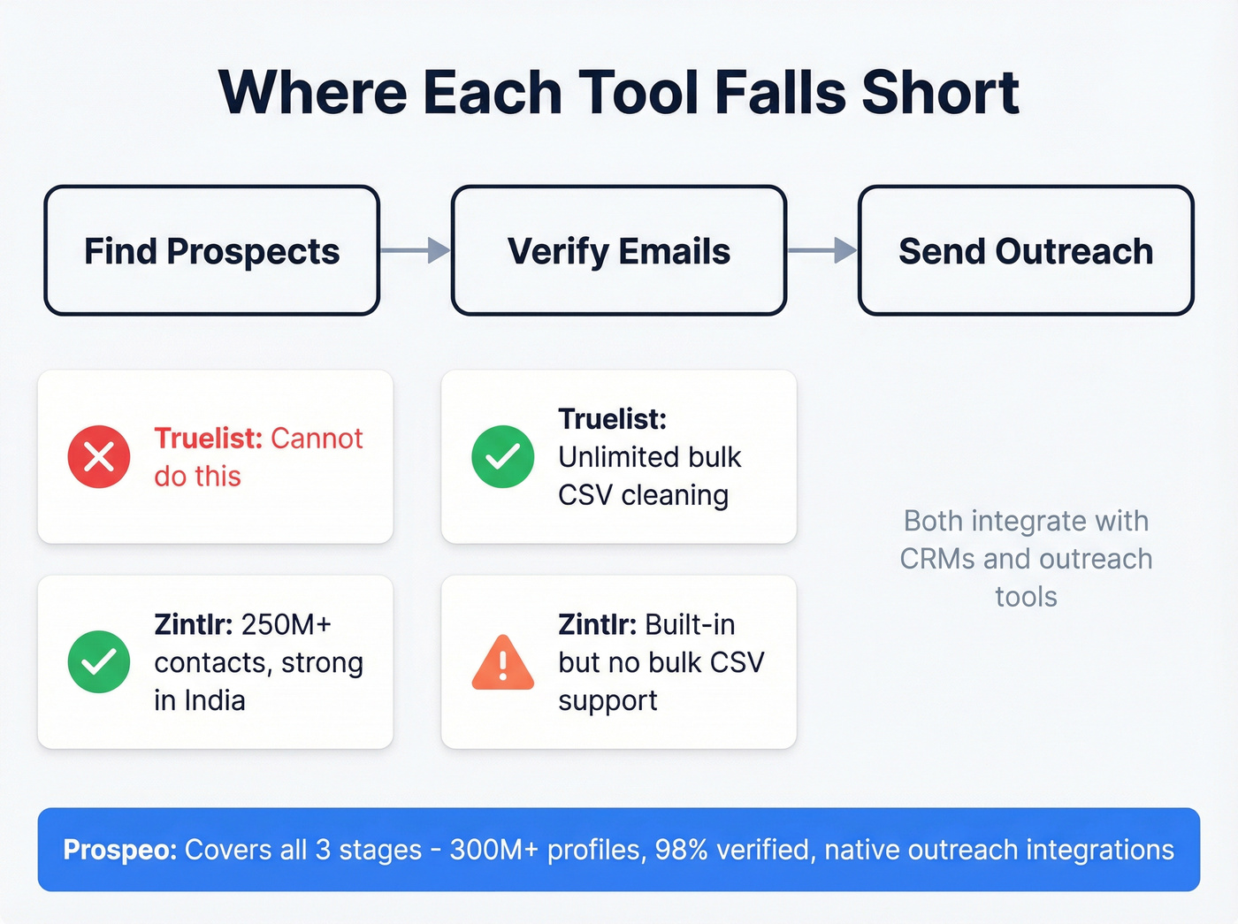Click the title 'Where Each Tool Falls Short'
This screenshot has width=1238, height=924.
[x=618, y=92]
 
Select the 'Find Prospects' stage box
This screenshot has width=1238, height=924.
[x=212, y=251]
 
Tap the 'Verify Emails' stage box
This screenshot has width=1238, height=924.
[x=619, y=251]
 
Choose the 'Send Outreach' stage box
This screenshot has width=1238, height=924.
[x=1026, y=251]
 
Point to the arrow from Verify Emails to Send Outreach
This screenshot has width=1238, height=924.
[x=822, y=251]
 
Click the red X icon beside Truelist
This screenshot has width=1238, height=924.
[x=99, y=457]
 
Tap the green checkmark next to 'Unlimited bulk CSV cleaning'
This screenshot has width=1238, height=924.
[x=502, y=457]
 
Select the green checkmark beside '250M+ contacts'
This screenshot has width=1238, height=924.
[x=99, y=661]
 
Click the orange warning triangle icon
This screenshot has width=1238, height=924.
[x=502, y=663]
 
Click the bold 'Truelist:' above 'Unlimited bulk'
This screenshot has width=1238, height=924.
[x=612, y=419]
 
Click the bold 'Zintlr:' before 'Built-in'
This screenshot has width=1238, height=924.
[x=597, y=624]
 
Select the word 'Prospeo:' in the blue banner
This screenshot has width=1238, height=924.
[x=120, y=850]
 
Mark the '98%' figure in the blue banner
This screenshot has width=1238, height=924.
[x=681, y=850]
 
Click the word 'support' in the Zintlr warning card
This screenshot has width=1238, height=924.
[x=608, y=700]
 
